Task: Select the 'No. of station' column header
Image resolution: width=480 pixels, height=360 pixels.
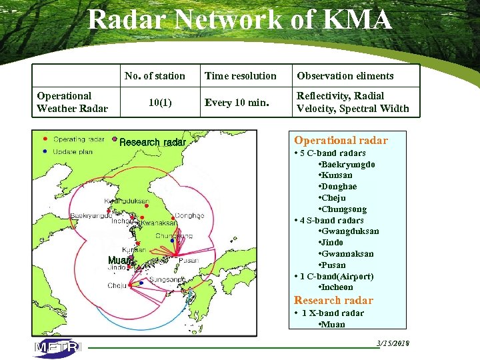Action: [155, 76]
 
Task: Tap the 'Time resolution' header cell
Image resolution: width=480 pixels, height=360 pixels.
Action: [240, 76]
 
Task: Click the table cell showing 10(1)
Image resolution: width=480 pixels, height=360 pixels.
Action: [158, 103]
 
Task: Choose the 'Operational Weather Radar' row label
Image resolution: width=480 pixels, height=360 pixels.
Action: [72, 102]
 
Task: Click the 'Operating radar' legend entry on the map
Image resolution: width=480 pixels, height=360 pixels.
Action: [78, 139]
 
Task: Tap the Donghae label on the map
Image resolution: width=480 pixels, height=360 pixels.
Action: [189, 216]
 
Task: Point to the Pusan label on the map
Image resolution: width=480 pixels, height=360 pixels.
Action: [189, 261]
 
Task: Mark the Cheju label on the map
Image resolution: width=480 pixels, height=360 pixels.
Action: [117, 285]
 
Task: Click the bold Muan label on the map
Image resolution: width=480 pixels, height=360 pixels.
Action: [120, 260]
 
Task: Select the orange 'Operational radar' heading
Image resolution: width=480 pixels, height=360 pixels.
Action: [341, 140]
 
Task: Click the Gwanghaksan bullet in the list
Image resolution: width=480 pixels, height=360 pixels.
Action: [349, 254]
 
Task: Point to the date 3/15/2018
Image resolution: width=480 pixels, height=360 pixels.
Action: [393, 343]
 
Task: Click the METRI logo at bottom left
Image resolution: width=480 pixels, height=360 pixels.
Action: [57, 348]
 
